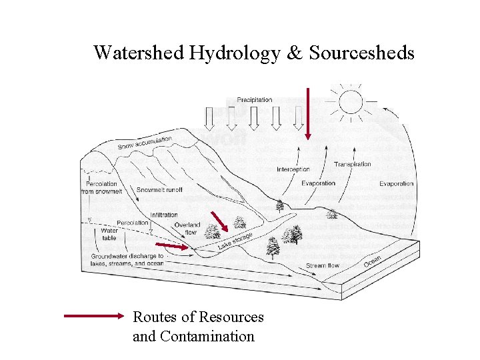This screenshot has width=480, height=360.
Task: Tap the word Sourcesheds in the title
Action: tap(361, 53)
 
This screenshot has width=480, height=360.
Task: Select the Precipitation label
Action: tap(254, 100)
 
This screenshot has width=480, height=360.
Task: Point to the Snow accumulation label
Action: tap(145, 143)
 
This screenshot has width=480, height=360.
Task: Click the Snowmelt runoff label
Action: tap(159, 190)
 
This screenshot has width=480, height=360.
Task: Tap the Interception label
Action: tap(293, 169)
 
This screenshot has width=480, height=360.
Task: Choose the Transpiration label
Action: tap(353, 164)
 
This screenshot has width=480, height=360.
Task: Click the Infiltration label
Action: tap(164, 215)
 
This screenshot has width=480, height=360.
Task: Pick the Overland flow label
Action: tap(187, 229)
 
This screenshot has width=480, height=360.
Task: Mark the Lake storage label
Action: tap(235, 241)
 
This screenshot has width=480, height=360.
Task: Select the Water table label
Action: tap(109, 233)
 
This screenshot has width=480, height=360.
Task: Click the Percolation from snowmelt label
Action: tap(102, 187)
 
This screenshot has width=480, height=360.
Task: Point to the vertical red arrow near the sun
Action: tap(308, 113)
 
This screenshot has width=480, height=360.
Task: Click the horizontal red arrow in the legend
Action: tap(94, 317)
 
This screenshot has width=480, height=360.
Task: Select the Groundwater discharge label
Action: tap(127, 259)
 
